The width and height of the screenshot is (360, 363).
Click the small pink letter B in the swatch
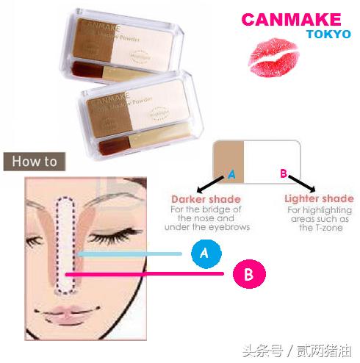click(283, 175)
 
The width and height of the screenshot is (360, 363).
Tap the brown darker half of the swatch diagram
click(228, 157)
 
